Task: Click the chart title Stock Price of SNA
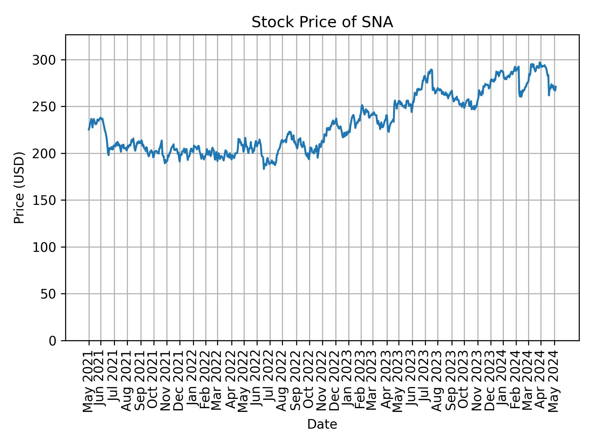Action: pyautogui.click(x=322, y=23)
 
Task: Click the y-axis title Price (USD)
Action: pyautogui.click(x=19, y=188)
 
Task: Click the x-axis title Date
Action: pyautogui.click(x=322, y=424)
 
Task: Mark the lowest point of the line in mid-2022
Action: pyautogui.click(x=264, y=169)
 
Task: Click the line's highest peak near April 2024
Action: pyautogui.click(x=540, y=62)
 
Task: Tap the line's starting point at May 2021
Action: pyautogui.click(x=89, y=130)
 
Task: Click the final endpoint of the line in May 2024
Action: pyautogui.click(x=556, y=86)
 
